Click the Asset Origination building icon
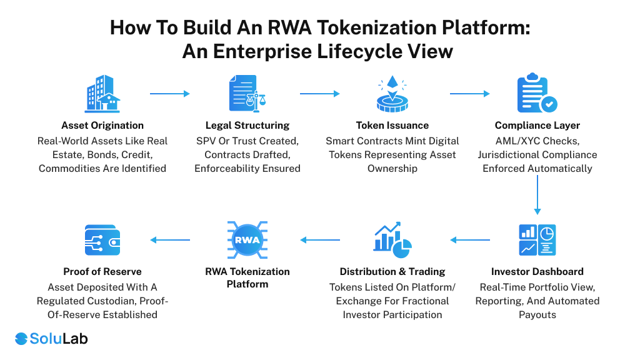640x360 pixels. [x=102, y=94]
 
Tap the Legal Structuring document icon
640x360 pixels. [x=247, y=94]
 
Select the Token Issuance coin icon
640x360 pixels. [x=392, y=94]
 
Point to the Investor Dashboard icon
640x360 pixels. [x=537, y=240]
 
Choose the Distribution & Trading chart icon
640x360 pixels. [x=392, y=240]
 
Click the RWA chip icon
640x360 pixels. [x=247, y=240]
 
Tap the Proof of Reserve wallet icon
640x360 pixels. [x=102, y=240]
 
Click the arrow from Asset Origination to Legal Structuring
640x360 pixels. [x=169, y=94]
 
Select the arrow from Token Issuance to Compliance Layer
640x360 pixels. [x=469, y=94]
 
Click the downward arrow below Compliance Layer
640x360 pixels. [x=537, y=195]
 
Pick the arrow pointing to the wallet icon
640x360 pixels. [x=169, y=240]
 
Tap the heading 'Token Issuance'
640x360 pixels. [x=392, y=126]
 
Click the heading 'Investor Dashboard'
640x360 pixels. [x=537, y=272]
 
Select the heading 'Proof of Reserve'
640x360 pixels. [x=102, y=272]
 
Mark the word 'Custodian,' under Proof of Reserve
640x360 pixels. [x=126, y=301]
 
